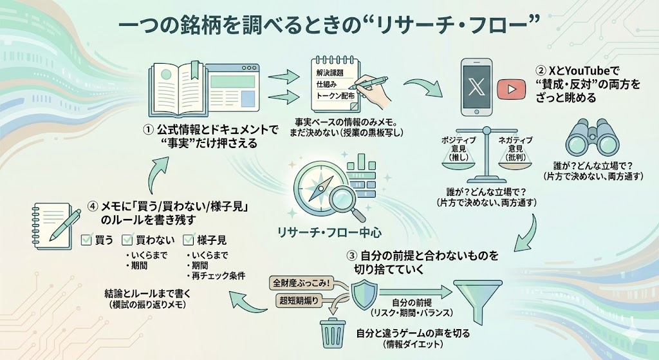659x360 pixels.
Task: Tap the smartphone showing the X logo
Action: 477,88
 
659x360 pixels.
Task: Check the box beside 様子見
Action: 189,240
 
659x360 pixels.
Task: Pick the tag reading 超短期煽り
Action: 302,301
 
